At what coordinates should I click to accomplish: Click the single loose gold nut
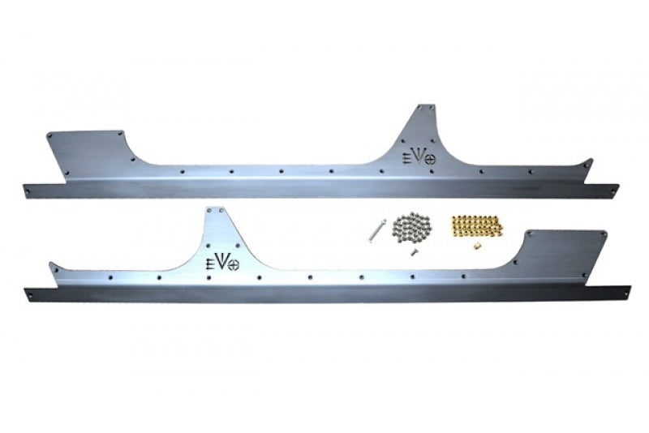pyautogui.click(x=476, y=246)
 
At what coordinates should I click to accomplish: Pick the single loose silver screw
pyautogui.click(x=413, y=252)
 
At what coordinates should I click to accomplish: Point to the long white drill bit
pyautogui.click(x=376, y=231)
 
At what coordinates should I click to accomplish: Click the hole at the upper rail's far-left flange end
pyautogui.click(x=28, y=191)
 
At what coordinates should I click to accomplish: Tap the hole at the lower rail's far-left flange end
pyautogui.click(x=31, y=294)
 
